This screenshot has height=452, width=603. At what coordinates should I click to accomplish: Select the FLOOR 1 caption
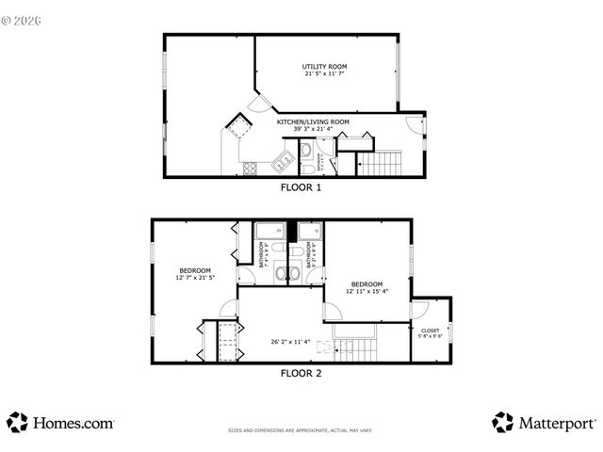pyautogui.click(x=301, y=187)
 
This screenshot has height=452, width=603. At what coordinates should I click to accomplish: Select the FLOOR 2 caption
pyautogui.click(x=301, y=373)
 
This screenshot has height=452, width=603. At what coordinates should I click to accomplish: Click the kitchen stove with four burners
pyautogui.click(x=251, y=169)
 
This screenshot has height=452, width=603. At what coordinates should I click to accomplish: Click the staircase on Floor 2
pyautogui.click(x=356, y=350)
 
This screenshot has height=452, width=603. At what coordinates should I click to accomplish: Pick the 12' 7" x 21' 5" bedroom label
pyautogui.click(x=195, y=274)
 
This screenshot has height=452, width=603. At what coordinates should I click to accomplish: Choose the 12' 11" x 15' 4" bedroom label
pyautogui.click(x=367, y=287)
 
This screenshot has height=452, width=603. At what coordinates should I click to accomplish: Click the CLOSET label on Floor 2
pyautogui.click(x=431, y=332)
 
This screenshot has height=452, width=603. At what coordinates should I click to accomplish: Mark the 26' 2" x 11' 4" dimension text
pyautogui.click(x=290, y=342)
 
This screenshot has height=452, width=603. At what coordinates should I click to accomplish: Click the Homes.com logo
pyautogui.click(x=61, y=423)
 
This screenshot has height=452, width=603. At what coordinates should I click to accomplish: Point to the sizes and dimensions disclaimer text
pyautogui.click(x=301, y=431)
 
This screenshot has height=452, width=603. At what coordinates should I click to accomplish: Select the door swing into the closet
pyautogui.click(x=421, y=310)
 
